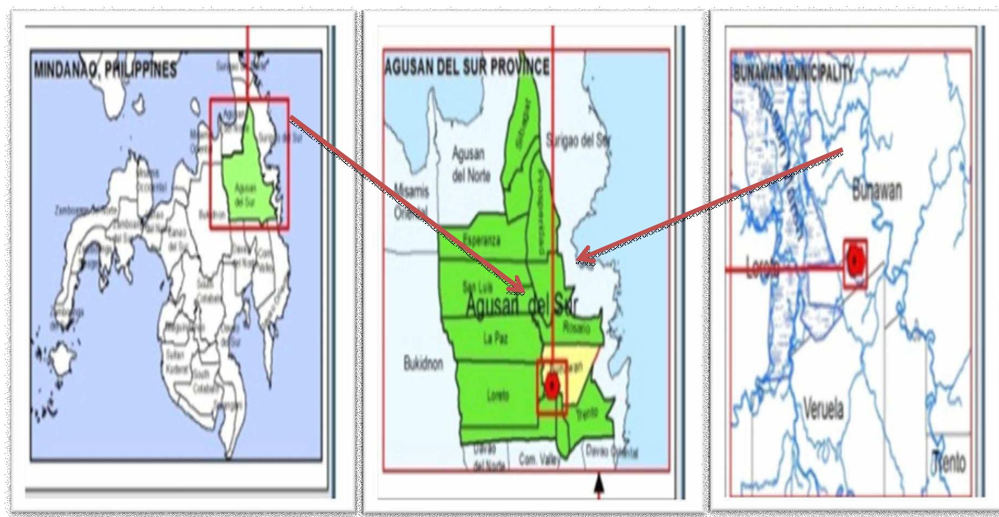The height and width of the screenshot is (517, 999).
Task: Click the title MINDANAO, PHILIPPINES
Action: [105, 70]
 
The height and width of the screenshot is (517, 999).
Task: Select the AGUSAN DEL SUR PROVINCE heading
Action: [467, 67]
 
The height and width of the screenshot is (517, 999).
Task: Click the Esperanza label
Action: [482, 240]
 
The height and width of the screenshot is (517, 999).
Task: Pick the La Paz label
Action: [494, 339]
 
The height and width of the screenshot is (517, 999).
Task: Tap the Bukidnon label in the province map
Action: [423, 364]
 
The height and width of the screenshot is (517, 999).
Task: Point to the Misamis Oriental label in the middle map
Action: [411, 202]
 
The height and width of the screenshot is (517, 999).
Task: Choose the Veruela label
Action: [823, 408]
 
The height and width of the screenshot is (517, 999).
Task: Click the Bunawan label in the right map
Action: [876, 191]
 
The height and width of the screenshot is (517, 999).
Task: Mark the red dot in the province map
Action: [551, 386]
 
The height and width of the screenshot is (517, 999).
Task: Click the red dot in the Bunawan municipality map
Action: [855, 260]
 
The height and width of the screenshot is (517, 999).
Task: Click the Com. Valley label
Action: [539, 459]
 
